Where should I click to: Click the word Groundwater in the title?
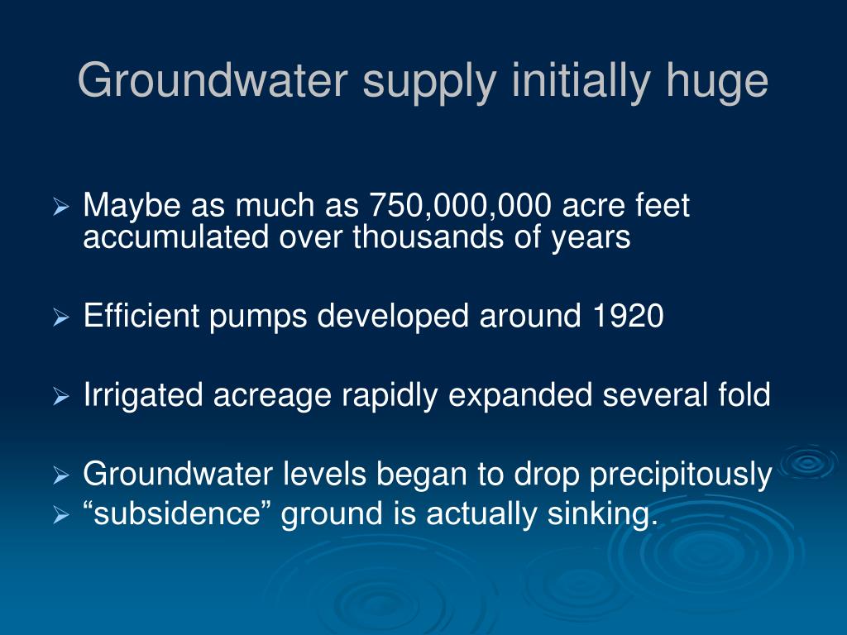(213, 80)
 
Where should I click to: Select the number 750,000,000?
(460, 206)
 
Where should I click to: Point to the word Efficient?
(141, 315)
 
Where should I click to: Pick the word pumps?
(258, 318)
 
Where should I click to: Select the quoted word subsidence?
(178, 513)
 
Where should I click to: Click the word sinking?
(603, 514)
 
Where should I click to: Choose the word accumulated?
(176, 237)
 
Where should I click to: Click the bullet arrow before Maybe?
(61, 207)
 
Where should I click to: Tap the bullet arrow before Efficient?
(61, 317)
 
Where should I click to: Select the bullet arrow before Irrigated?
(61, 397)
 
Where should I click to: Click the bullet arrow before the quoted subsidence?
(61, 515)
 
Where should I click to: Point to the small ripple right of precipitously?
(809, 461)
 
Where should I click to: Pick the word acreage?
(271, 399)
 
